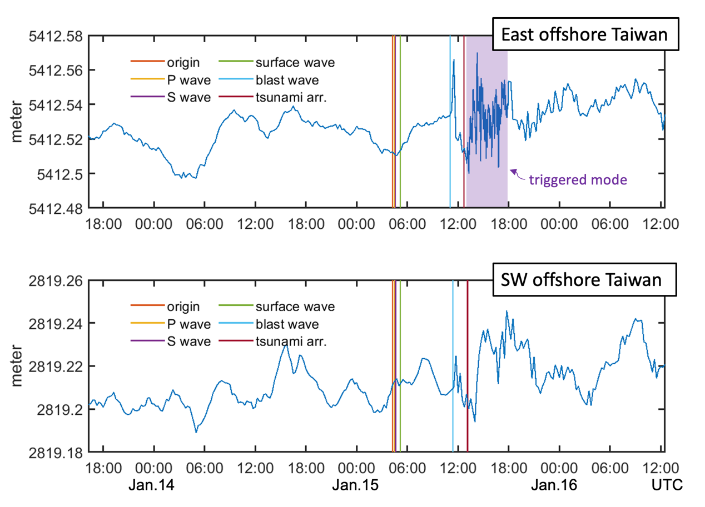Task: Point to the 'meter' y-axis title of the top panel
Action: pos(17,122)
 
